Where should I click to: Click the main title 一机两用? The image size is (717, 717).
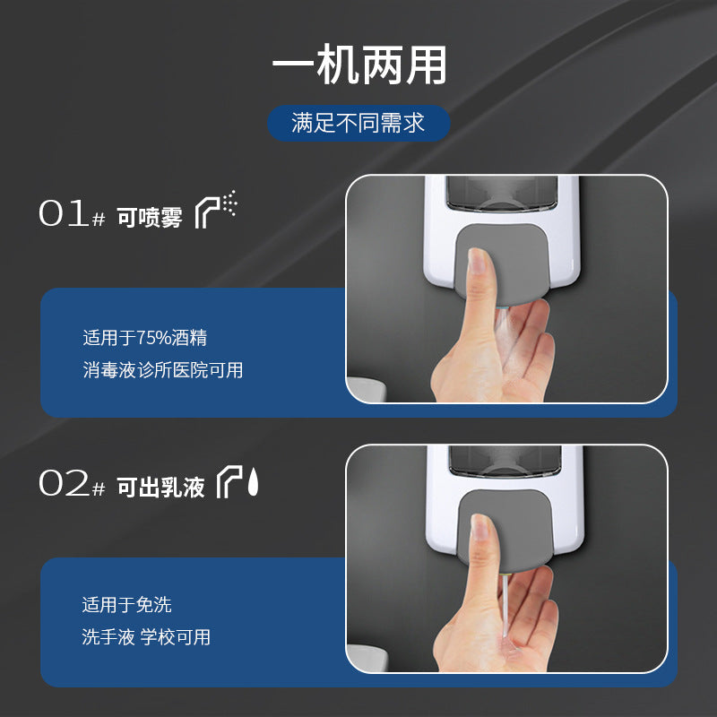pyautogui.click(x=359, y=65)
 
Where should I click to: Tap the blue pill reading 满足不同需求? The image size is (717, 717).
pyautogui.click(x=358, y=123)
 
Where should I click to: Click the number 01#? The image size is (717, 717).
pyautogui.click(x=73, y=213)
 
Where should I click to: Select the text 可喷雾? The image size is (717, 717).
pyautogui.click(x=150, y=217)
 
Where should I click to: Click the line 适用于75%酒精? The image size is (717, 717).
pyautogui.click(x=145, y=338)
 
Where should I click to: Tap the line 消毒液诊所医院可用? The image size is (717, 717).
pyautogui.click(x=163, y=370)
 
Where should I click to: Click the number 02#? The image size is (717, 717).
pyautogui.click(x=73, y=483)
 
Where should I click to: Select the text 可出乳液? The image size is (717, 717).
pyautogui.click(x=160, y=487)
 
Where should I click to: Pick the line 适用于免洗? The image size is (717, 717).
pyautogui.click(x=126, y=604)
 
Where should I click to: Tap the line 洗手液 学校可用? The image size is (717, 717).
pyautogui.click(x=146, y=637)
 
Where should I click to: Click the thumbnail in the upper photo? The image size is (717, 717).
pyautogui.click(x=478, y=260)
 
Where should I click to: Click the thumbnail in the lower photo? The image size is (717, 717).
pyautogui.click(x=480, y=527)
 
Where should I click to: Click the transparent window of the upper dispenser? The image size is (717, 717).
pyautogui.click(x=502, y=193)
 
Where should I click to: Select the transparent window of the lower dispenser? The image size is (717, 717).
pyautogui.click(x=505, y=461)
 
